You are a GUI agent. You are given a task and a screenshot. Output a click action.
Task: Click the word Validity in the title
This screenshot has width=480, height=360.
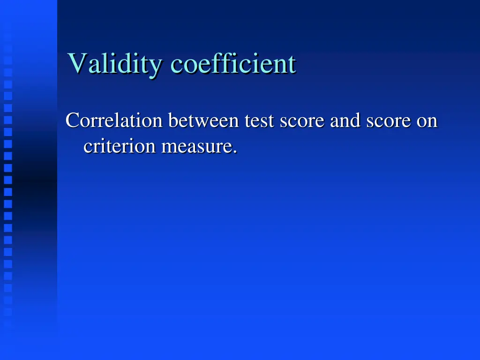tap(114, 64)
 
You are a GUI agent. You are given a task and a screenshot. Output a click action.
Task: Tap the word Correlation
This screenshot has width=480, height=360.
tap(114, 121)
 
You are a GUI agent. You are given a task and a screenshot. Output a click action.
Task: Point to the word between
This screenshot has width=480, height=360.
tap(203, 121)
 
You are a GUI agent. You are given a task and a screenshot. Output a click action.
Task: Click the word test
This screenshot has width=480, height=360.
tap(259, 121)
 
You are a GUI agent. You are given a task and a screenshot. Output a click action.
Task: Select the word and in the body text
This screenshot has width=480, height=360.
tap(345, 121)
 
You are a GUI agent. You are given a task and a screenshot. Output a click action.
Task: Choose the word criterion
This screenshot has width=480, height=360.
tap(120, 147)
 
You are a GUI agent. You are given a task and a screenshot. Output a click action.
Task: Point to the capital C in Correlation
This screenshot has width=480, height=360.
tap(72, 121)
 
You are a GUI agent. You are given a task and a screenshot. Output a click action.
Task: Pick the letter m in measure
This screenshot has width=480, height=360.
tap(169, 148)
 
